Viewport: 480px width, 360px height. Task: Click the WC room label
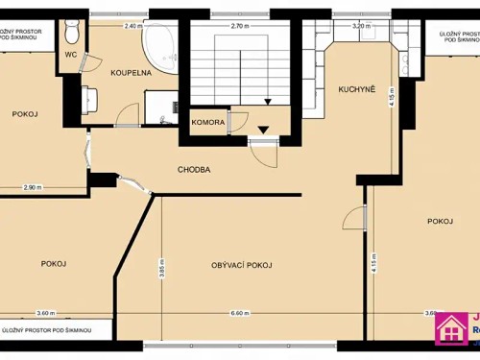pyautogui.click(x=71, y=55)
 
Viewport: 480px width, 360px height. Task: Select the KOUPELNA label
pyautogui.click(x=128, y=73)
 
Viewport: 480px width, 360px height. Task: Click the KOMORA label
pyautogui.click(x=208, y=123)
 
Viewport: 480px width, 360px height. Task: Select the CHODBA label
pyautogui.click(x=194, y=170)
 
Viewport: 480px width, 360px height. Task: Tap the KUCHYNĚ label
pyautogui.click(x=355, y=90)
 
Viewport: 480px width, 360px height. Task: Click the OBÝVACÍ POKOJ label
pyautogui.click(x=242, y=264)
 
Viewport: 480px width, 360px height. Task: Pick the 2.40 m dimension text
pyautogui.click(x=133, y=26)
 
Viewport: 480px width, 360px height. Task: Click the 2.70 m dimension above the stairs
pyautogui.click(x=240, y=26)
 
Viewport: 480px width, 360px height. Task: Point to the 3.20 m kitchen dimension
pyautogui.click(x=361, y=26)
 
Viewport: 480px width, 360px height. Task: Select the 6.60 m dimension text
pyautogui.click(x=240, y=313)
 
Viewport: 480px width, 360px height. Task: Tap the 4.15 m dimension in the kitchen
pyautogui.click(x=392, y=96)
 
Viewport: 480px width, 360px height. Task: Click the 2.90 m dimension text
pyautogui.click(x=33, y=187)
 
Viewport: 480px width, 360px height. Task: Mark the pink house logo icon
pyautogui.click(x=452, y=328)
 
